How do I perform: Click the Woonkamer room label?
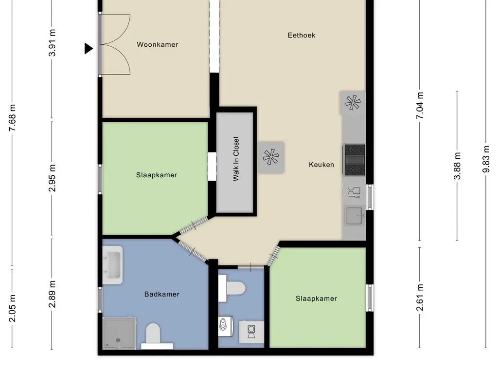[x=157, y=44]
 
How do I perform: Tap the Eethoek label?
[x=302, y=35]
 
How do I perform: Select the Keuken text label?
[x=321, y=165]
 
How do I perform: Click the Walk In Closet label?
[x=236, y=159]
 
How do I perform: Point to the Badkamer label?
[x=162, y=294]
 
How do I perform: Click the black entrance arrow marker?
[x=89, y=48]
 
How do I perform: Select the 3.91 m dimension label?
[x=53, y=43]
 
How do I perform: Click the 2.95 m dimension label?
[x=53, y=178]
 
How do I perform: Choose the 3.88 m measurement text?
[x=457, y=166]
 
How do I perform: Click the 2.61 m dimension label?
[x=420, y=297]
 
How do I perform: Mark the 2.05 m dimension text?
[x=13, y=308]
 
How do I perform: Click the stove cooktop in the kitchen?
[x=355, y=159]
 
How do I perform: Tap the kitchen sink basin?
[x=354, y=216]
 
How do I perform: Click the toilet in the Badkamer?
[x=153, y=334]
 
